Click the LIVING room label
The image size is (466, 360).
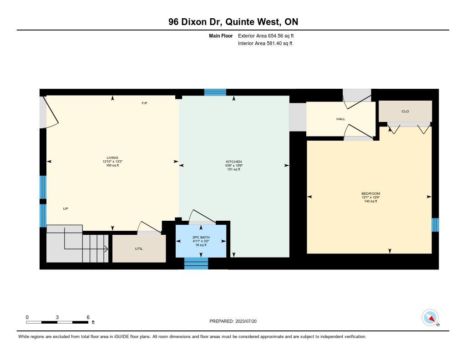[x=112, y=157]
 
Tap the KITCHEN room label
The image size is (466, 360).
[x=234, y=162]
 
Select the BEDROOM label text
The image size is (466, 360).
[x=370, y=193]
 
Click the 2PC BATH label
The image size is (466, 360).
[x=201, y=237]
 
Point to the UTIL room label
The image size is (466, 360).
[x=139, y=248]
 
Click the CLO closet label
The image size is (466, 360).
[x=405, y=111]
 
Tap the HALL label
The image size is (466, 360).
[x=340, y=119]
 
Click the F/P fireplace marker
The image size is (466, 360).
[x=144, y=103]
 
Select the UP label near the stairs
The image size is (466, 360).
[x=66, y=209]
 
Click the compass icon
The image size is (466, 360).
[x=430, y=318]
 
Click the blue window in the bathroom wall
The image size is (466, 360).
[x=196, y=264]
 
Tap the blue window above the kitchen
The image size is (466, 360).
[x=215, y=92]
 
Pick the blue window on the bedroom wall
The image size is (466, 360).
[x=435, y=225]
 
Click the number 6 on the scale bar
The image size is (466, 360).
[x=88, y=317]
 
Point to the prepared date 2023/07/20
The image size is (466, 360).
[x=246, y=321]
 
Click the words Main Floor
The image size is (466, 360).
[x=221, y=35]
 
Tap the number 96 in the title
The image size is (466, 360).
[x=173, y=22]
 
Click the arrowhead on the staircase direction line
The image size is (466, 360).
[x=106, y=249]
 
